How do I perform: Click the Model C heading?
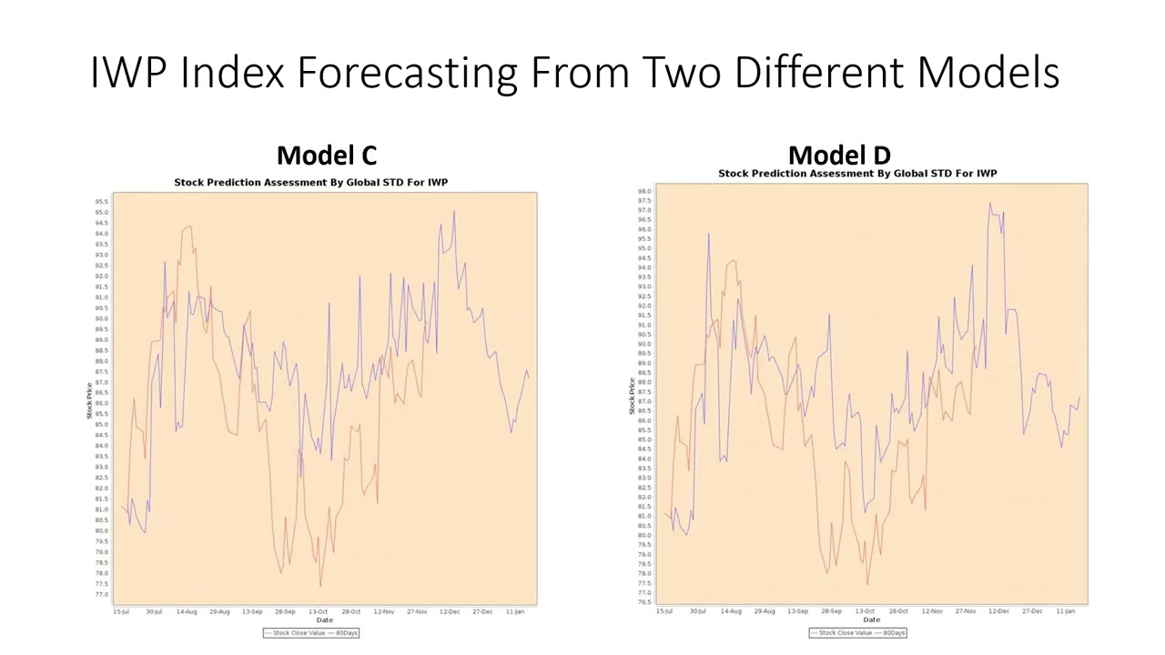click(326, 156)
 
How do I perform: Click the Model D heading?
click(838, 156)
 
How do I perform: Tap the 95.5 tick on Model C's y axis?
click(100, 202)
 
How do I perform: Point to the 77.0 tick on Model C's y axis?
click(100, 595)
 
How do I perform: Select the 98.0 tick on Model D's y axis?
click(643, 192)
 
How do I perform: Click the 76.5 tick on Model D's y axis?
click(643, 602)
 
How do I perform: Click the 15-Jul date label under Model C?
click(121, 612)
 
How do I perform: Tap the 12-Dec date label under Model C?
click(450, 612)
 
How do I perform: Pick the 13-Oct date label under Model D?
click(865, 611)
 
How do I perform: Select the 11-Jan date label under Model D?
click(1066, 611)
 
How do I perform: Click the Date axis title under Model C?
click(324, 620)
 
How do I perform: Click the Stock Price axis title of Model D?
click(632, 397)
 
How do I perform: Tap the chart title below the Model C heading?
click(310, 183)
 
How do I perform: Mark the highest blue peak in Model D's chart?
click(990, 204)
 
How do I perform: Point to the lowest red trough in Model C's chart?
click(320, 585)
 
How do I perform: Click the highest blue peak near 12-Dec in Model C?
click(454, 213)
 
